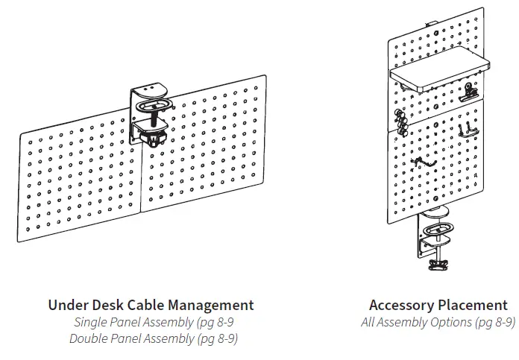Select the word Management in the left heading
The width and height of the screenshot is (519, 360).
[213, 306]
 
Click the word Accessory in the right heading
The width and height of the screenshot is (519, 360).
[402, 306]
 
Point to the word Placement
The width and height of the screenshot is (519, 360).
[473, 306]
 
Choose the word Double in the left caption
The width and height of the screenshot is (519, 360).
[89, 339]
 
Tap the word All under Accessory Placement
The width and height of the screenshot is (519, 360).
[369, 323]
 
